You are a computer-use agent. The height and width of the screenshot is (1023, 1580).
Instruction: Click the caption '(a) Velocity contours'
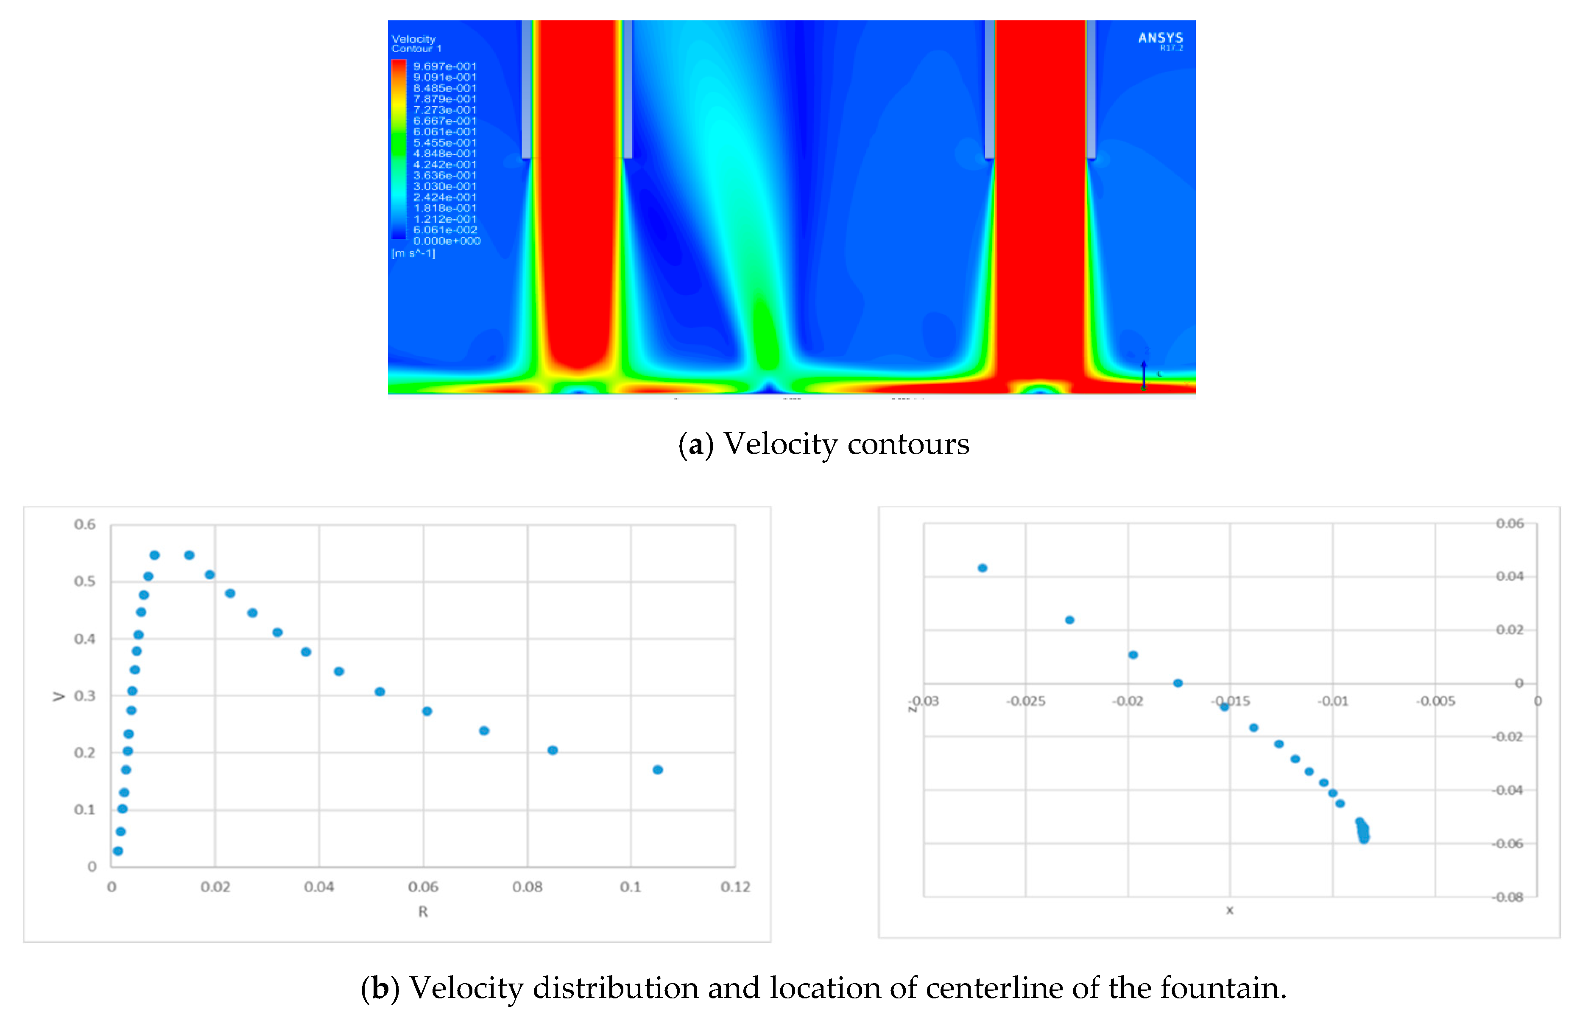coord(823,444)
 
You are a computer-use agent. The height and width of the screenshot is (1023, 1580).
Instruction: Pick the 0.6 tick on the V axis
coord(85,525)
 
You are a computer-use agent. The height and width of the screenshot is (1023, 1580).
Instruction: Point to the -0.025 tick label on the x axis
coord(1026,702)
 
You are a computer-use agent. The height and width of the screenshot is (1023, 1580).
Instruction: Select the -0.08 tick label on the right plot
coord(1507,897)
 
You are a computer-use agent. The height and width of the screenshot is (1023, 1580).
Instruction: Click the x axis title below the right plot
coord(1229,911)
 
